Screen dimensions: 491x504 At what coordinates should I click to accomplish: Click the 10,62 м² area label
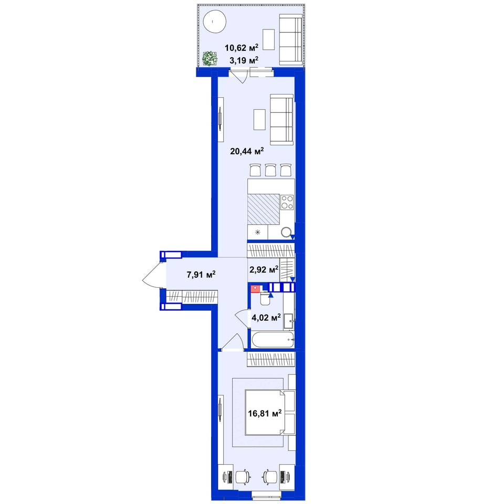(x=242, y=48)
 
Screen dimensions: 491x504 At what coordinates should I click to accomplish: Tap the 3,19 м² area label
(x=244, y=60)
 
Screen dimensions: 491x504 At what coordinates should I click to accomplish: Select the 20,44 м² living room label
(x=247, y=151)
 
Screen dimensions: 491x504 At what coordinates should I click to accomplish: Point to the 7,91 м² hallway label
(x=201, y=275)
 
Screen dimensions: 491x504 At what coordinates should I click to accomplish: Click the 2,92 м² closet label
(x=264, y=269)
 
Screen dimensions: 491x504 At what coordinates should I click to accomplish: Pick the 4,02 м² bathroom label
(x=266, y=318)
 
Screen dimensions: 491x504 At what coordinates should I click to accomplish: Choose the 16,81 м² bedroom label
(x=265, y=413)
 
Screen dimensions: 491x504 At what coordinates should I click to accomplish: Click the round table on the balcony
(x=215, y=22)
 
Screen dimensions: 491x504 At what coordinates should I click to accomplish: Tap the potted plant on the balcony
(x=210, y=58)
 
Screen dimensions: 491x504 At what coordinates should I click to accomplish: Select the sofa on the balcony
(x=291, y=39)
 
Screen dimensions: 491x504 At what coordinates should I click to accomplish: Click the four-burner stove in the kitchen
(x=287, y=202)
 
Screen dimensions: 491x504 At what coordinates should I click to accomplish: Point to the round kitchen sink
(x=286, y=232)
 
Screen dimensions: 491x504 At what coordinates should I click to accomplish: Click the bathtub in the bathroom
(x=273, y=340)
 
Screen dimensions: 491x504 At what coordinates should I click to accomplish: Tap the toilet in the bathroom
(x=265, y=299)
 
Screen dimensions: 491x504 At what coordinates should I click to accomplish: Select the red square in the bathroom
(x=255, y=289)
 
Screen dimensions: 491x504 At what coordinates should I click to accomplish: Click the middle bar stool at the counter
(x=270, y=170)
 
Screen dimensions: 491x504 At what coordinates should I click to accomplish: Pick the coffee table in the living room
(x=259, y=120)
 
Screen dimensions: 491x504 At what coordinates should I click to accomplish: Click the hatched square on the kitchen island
(x=264, y=209)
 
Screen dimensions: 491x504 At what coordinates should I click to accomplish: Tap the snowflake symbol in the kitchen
(x=257, y=232)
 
